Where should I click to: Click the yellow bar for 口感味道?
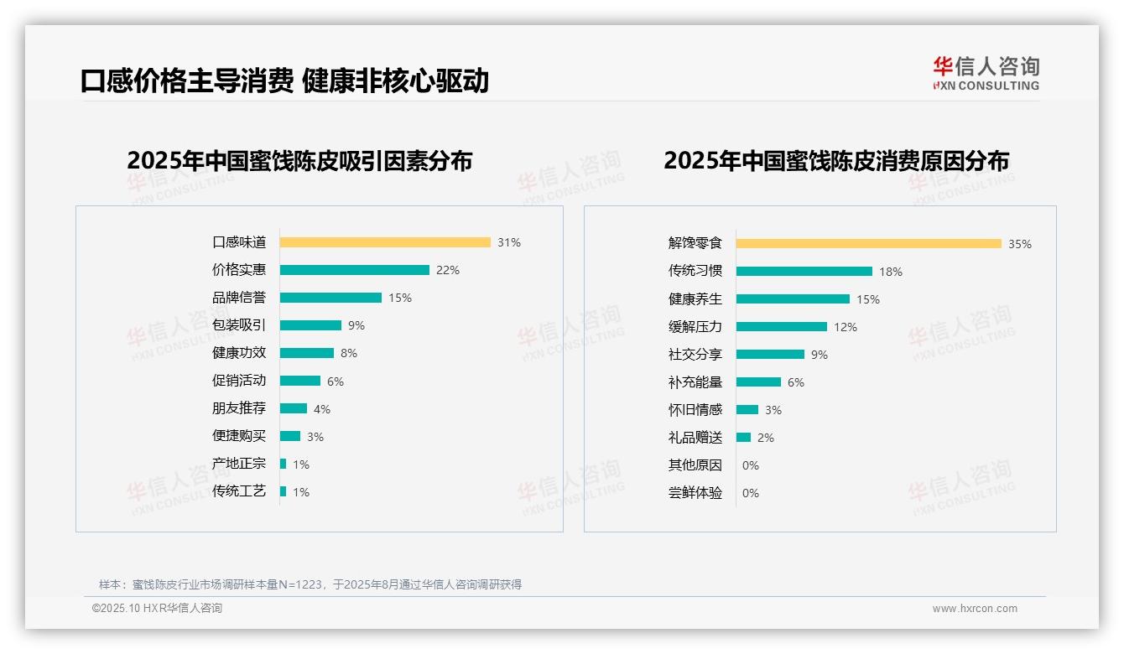tap(385, 242)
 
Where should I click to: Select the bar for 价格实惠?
tap(354, 270)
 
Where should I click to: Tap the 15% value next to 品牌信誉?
tap(400, 298)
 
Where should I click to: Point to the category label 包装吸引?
tap(239, 325)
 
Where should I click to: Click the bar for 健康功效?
tap(306, 353)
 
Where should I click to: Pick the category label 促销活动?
tap(239, 381)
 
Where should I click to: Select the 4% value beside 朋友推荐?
tap(322, 409)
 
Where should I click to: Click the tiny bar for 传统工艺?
tap(284, 491)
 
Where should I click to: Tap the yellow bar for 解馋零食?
tap(868, 244)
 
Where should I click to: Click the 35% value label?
tap(1020, 244)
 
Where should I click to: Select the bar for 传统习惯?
tap(804, 272)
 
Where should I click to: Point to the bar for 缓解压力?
tap(781, 327)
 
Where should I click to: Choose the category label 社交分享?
tap(695, 355)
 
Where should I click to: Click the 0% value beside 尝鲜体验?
tap(751, 493)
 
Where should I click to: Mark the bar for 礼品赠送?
tap(743, 438)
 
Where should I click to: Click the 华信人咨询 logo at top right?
tap(986, 74)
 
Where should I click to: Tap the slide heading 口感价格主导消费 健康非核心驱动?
tap(284, 80)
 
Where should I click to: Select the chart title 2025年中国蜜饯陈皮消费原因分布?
tap(835, 161)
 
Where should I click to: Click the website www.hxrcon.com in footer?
tap(975, 609)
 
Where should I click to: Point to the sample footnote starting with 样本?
tap(310, 584)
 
